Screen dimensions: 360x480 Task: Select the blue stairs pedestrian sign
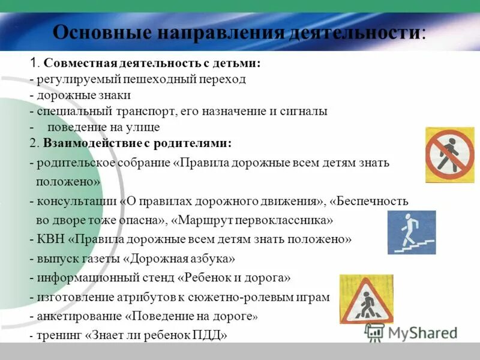pos(412,232)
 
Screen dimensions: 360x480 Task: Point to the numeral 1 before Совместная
pos(34,64)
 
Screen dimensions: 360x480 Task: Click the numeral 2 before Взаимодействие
pos(34,143)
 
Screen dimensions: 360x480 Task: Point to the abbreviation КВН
pos(50,239)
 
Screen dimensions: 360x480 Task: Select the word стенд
pos(158,278)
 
